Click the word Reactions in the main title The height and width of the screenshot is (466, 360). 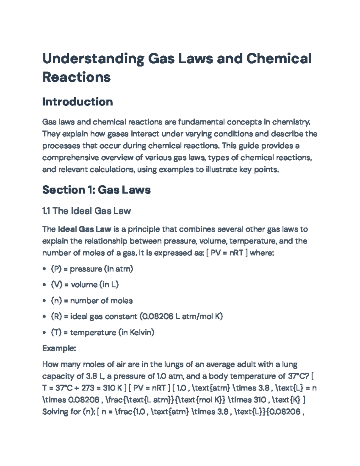coord(76,77)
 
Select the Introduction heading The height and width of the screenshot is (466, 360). coord(77,102)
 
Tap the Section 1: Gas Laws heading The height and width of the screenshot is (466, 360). coord(96,190)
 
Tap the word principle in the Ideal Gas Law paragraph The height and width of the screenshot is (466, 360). coord(144,229)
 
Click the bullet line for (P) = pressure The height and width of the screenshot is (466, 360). coord(92,269)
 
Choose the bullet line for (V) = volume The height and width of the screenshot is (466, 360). coord(85,284)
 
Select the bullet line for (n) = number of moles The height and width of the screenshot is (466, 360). coord(92,301)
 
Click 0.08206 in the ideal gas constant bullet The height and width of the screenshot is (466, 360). coord(157,317)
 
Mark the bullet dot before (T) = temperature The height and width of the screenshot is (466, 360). coord(44,333)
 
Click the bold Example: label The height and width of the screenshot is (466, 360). coord(59,348)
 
